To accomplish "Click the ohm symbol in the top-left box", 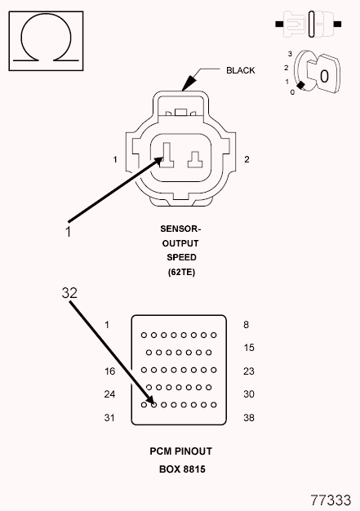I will [x=46, y=38].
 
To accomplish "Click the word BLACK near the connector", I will [x=241, y=70].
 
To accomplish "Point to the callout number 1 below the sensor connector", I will [x=69, y=231].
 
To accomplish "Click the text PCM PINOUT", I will [x=180, y=451].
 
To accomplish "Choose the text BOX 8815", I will [x=180, y=469].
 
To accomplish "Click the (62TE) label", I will [x=181, y=272].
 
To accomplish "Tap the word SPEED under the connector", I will [x=181, y=257].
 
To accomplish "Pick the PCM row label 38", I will [x=250, y=418].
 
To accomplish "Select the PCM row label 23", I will [x=250, y=371].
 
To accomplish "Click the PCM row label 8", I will [x=246, y=324].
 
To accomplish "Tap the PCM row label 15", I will [x=250, y=348].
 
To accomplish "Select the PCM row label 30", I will [x=250, y=394].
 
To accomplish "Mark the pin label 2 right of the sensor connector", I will [x=247, y=158].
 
